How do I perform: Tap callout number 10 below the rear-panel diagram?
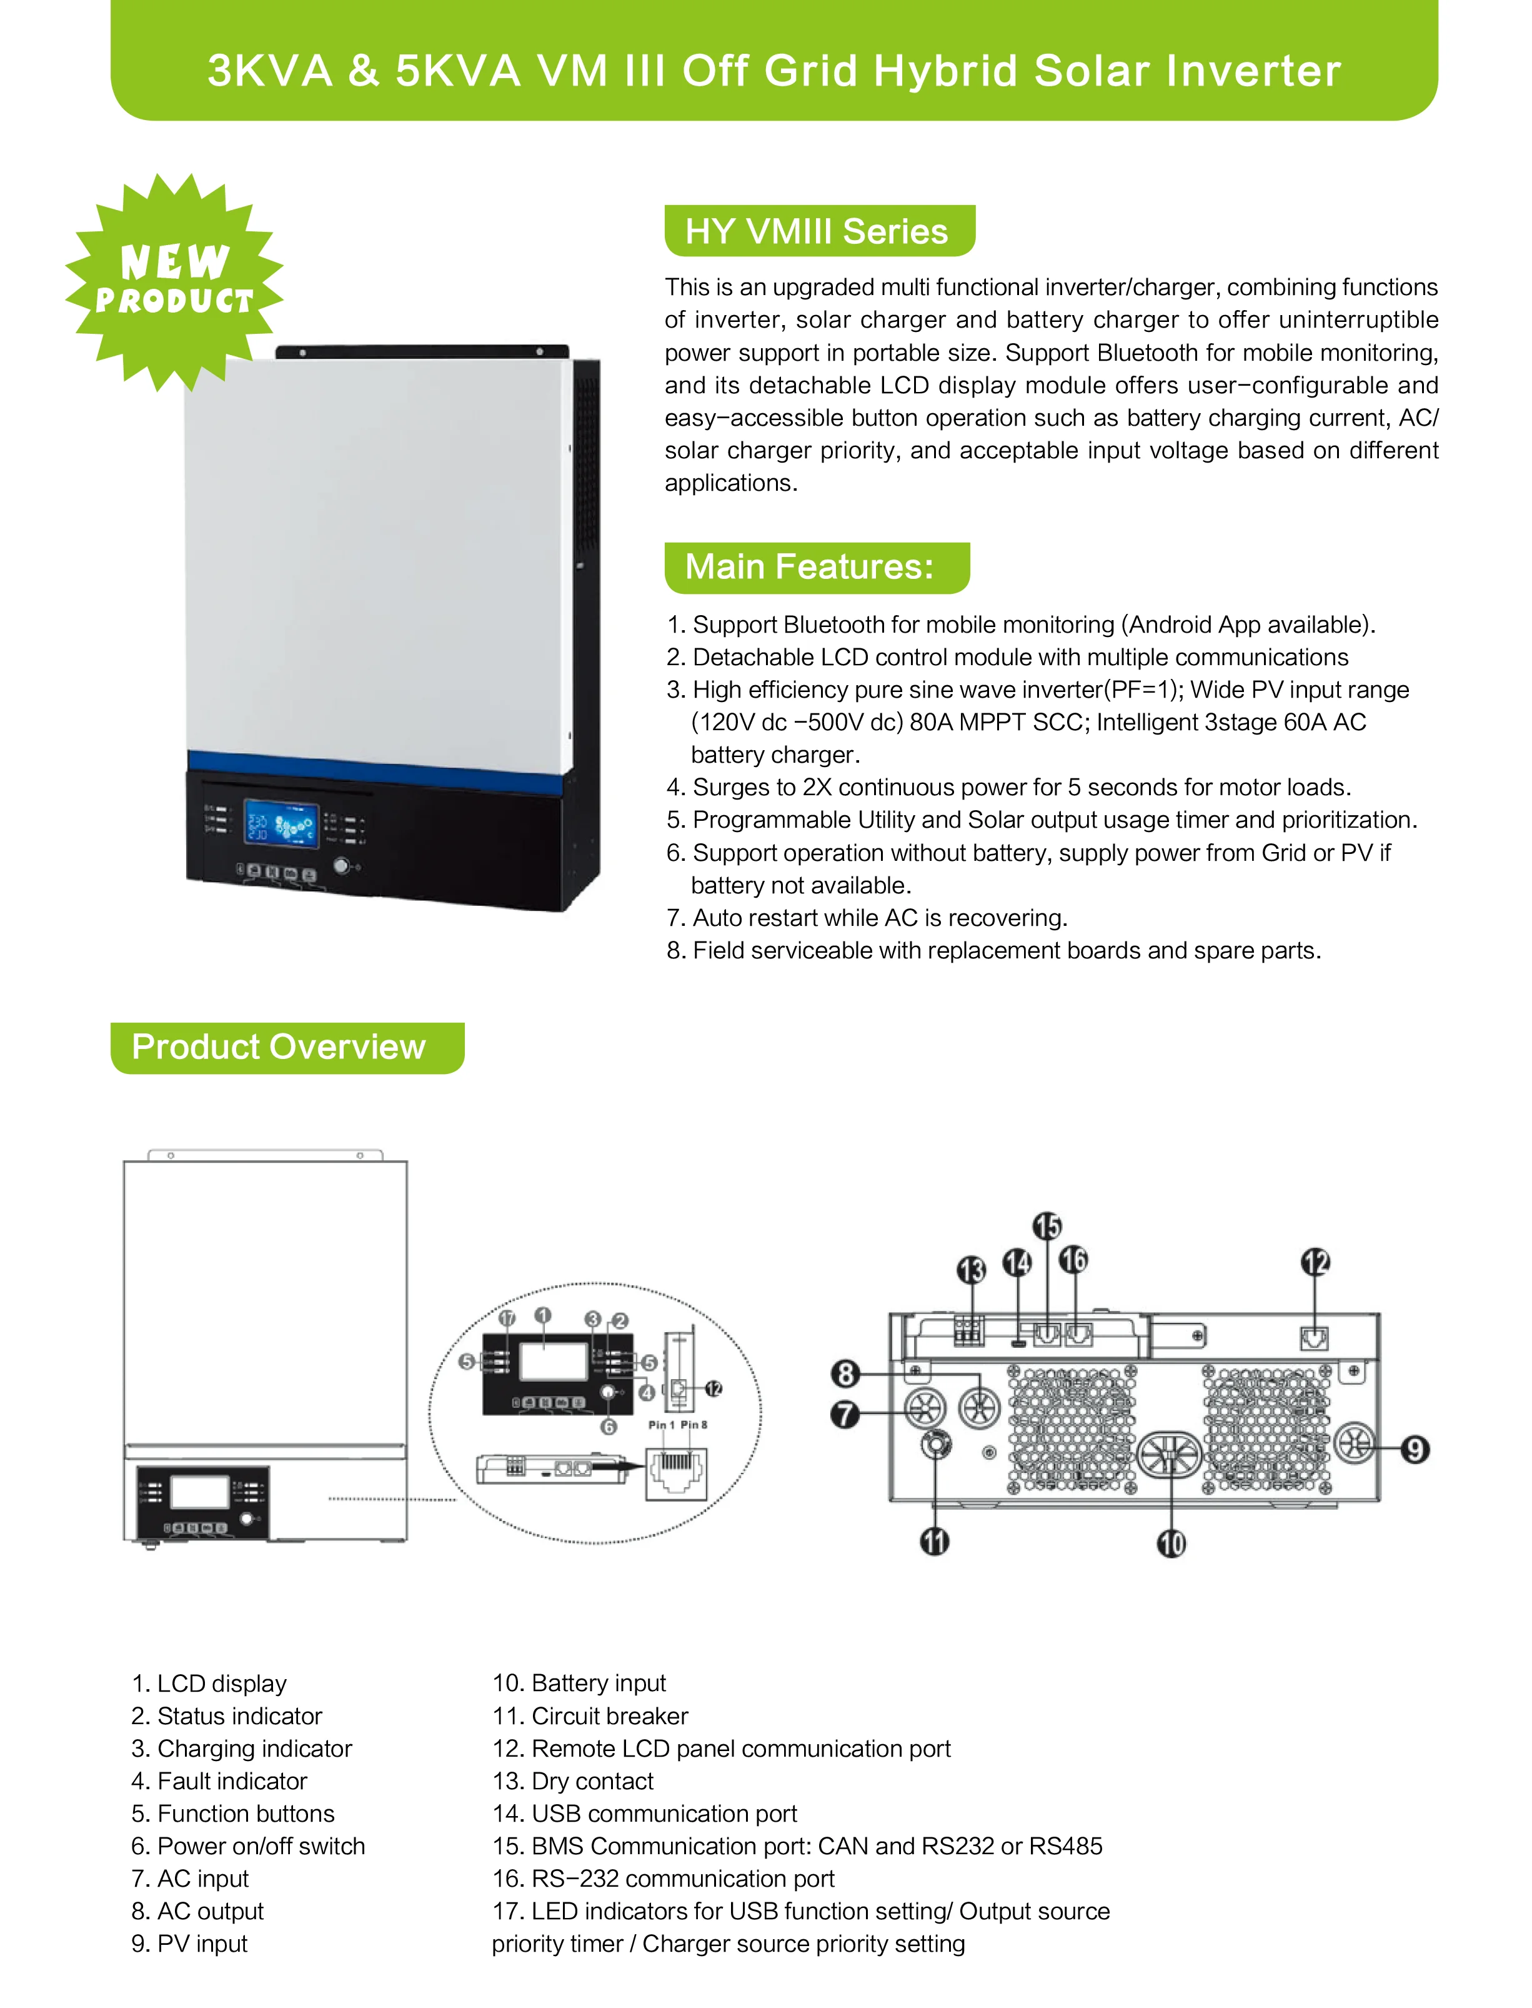click(x=1171, y=1543)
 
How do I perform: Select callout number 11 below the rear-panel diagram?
click(x=935, y=1541)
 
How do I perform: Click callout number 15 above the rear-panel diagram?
click(x=1047, y=1225)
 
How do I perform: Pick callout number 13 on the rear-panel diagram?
click(x=971, y=1270)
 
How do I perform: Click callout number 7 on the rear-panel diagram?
click(x=845, y=1414)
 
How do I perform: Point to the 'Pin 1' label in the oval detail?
click(x=661, y=1424)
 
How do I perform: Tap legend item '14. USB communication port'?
click(x=645, y=1814)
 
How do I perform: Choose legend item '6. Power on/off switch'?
click(x=247, y=1847)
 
